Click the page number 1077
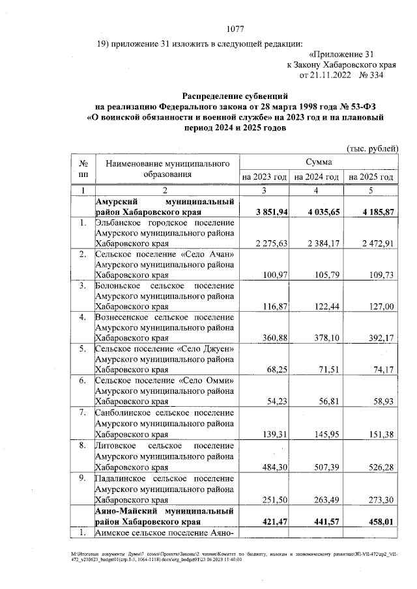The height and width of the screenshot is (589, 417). pos(235,29)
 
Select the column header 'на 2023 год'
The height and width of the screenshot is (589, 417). pos(264,177)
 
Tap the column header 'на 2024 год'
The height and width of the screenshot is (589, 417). pos(316,177)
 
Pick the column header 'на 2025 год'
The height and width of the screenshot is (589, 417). pos(371,177)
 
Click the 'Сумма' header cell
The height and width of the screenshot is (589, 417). pos(317,161)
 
